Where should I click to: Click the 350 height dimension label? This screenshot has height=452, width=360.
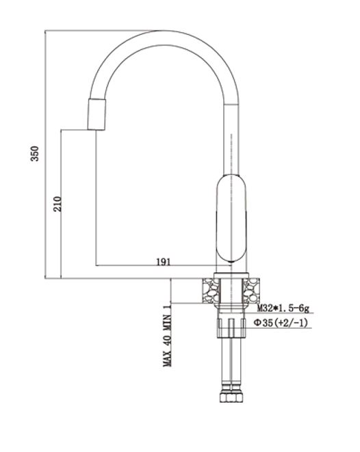coord(35,154)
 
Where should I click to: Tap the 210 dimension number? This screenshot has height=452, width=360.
coord(57,204)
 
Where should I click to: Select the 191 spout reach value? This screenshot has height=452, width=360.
coord(164,262)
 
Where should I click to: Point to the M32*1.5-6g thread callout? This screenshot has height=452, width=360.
coord(283,308)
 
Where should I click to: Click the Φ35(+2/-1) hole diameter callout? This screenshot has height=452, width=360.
coord(281,323)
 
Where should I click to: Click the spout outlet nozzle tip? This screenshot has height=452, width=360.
coord(97,114)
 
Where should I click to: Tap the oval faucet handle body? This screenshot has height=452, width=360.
coord(231,218)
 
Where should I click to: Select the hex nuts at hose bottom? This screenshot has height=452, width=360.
coord(231,397)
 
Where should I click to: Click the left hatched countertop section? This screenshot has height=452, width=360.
coord(211,291)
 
